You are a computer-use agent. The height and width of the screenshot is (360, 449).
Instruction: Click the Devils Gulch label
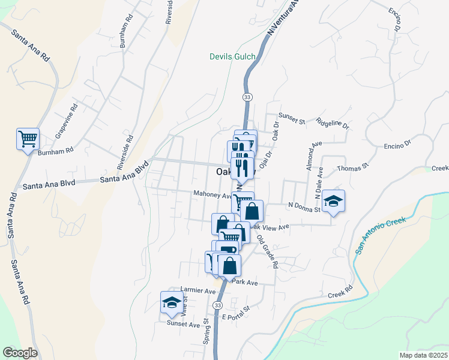tap(232, 57)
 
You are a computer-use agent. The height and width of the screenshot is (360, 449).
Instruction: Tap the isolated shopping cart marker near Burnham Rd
tap(28, 140)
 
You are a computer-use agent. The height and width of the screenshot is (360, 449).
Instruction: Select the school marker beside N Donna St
tap(333, 202)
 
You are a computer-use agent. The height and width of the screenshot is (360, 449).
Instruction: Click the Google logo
tap(20, 353)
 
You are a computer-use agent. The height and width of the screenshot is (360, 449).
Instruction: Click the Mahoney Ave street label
tap(212, 195)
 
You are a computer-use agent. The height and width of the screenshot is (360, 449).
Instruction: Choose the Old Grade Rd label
tap(268, 251)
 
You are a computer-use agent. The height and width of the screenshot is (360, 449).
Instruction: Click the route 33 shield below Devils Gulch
tap(247, 97)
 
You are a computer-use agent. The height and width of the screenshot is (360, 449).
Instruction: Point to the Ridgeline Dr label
tap(333, 124)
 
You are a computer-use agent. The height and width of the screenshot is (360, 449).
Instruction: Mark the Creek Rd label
tap(340, 295)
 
